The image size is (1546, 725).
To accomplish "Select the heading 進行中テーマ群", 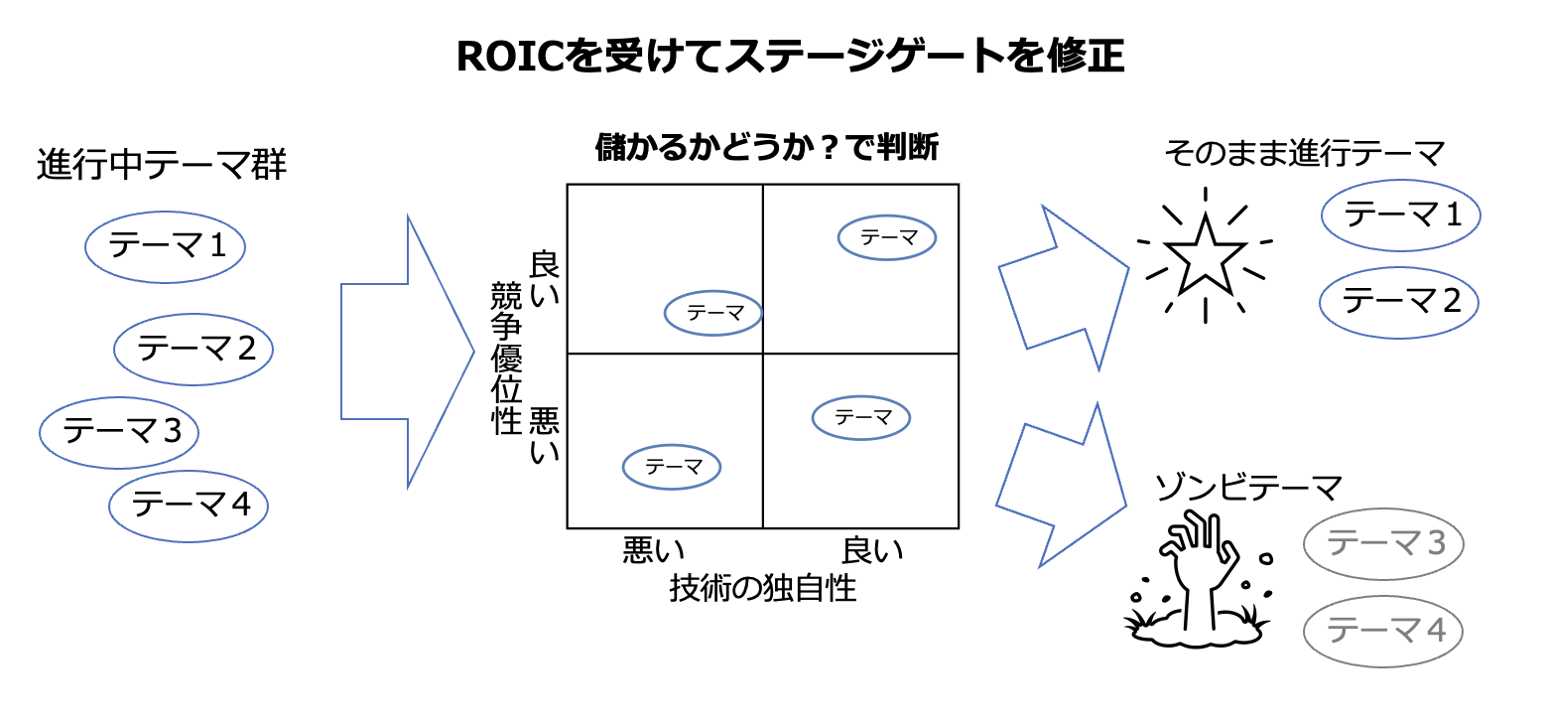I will tap(162, 165).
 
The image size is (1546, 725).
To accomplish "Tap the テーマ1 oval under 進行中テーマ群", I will tap(166, 244).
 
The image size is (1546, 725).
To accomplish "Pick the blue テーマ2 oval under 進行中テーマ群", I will tap(193, 348).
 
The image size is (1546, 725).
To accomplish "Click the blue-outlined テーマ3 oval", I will tap(120, 431).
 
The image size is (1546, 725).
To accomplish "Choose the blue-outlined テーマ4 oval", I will tap(189, 505).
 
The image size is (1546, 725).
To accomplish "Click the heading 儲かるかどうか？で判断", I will tap(766, 149).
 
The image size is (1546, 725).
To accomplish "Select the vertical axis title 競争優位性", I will tap(507, 358).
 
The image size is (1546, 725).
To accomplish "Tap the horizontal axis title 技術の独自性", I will tap(762, 588).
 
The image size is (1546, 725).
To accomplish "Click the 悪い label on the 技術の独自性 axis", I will tap(654, 550).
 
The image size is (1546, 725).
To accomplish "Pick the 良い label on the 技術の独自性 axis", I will tap(873, 550).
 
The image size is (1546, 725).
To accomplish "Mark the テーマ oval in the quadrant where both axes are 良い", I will tap(888, 237).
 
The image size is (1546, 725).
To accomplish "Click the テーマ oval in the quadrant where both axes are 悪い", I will tap(672, 466).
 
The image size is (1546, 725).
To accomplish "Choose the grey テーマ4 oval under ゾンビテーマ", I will tap(1383, 630).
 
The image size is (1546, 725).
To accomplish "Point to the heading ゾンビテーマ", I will tap(1248, 488).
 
